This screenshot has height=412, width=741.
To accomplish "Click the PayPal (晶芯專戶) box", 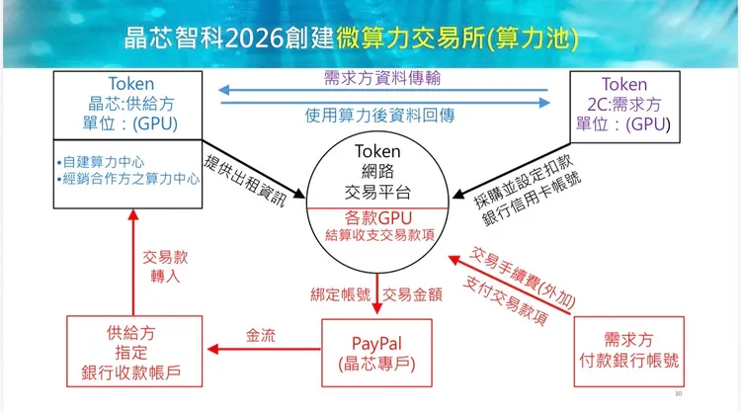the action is point(376,353).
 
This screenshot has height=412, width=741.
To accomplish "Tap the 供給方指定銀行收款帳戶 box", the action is point(134,352).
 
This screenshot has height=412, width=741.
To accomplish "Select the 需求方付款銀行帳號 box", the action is point(629,352).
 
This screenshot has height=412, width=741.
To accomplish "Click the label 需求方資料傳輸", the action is point(382,78).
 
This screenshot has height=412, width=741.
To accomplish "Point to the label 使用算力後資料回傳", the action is point(380,116).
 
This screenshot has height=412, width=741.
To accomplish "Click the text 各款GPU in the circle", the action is point(378,217).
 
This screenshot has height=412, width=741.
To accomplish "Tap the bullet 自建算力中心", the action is point(101,162).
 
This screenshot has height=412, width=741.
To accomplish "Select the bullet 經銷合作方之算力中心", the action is point(128,179).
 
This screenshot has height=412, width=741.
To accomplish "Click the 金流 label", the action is point(261,336).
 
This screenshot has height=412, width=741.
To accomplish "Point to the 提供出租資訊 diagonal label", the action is point(245,181).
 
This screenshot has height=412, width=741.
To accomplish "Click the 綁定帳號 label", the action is point(340,294).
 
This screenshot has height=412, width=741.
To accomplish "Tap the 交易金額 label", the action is point(412,294).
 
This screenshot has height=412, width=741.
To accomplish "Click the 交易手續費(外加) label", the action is point(523,277).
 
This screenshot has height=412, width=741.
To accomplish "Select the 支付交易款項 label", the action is point(505,301).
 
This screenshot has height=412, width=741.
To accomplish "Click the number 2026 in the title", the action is point(254,39).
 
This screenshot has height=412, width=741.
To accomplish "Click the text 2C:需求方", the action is point(623,104).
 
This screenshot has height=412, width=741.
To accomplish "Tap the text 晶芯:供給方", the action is point(130,104).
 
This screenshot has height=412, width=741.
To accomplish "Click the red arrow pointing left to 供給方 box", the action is point(264,349).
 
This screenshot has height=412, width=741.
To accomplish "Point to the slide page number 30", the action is point(678,393).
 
